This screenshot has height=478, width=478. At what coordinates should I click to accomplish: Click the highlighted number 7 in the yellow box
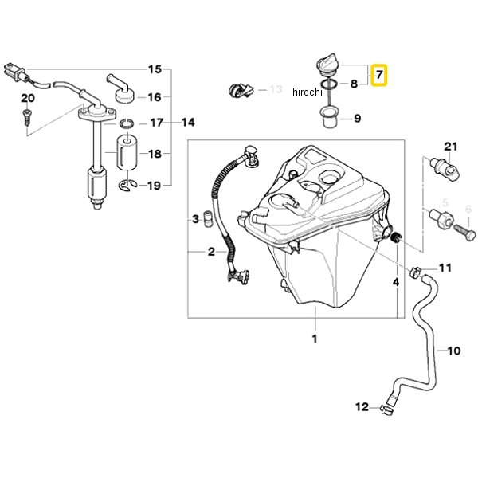coord(379,75)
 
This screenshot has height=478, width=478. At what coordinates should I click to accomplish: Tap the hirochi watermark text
coord(307,92)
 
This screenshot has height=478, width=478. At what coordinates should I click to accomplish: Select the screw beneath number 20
coord(26,117)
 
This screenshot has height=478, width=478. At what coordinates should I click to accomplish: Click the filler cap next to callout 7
coord(327,65)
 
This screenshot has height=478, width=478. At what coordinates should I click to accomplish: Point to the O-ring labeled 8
coord(329,84)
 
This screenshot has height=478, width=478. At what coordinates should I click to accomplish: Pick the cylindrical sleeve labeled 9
coord(330,117)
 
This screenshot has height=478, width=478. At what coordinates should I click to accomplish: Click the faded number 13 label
coord(276,89)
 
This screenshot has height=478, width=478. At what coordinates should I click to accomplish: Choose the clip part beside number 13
coord(241,90)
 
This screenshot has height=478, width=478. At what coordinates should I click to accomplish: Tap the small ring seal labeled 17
coord(127,124)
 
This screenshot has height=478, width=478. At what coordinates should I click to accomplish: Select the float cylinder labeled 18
coord(127,152)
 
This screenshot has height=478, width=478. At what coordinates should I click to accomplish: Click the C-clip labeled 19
coord(127,186)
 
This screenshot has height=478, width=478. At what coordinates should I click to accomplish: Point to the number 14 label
coord(188,123)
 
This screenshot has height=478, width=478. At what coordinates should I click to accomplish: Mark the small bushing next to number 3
coord(207,218)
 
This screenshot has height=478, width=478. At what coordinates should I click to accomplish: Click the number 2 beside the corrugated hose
coord(211,252)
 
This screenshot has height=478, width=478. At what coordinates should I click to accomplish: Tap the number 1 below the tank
coord(315,339)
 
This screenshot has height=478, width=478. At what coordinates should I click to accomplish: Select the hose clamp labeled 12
coord(386,409)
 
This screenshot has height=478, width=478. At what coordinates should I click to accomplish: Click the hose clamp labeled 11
coord(416,272)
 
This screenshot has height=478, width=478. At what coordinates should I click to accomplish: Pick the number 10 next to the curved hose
coord(453,351)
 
